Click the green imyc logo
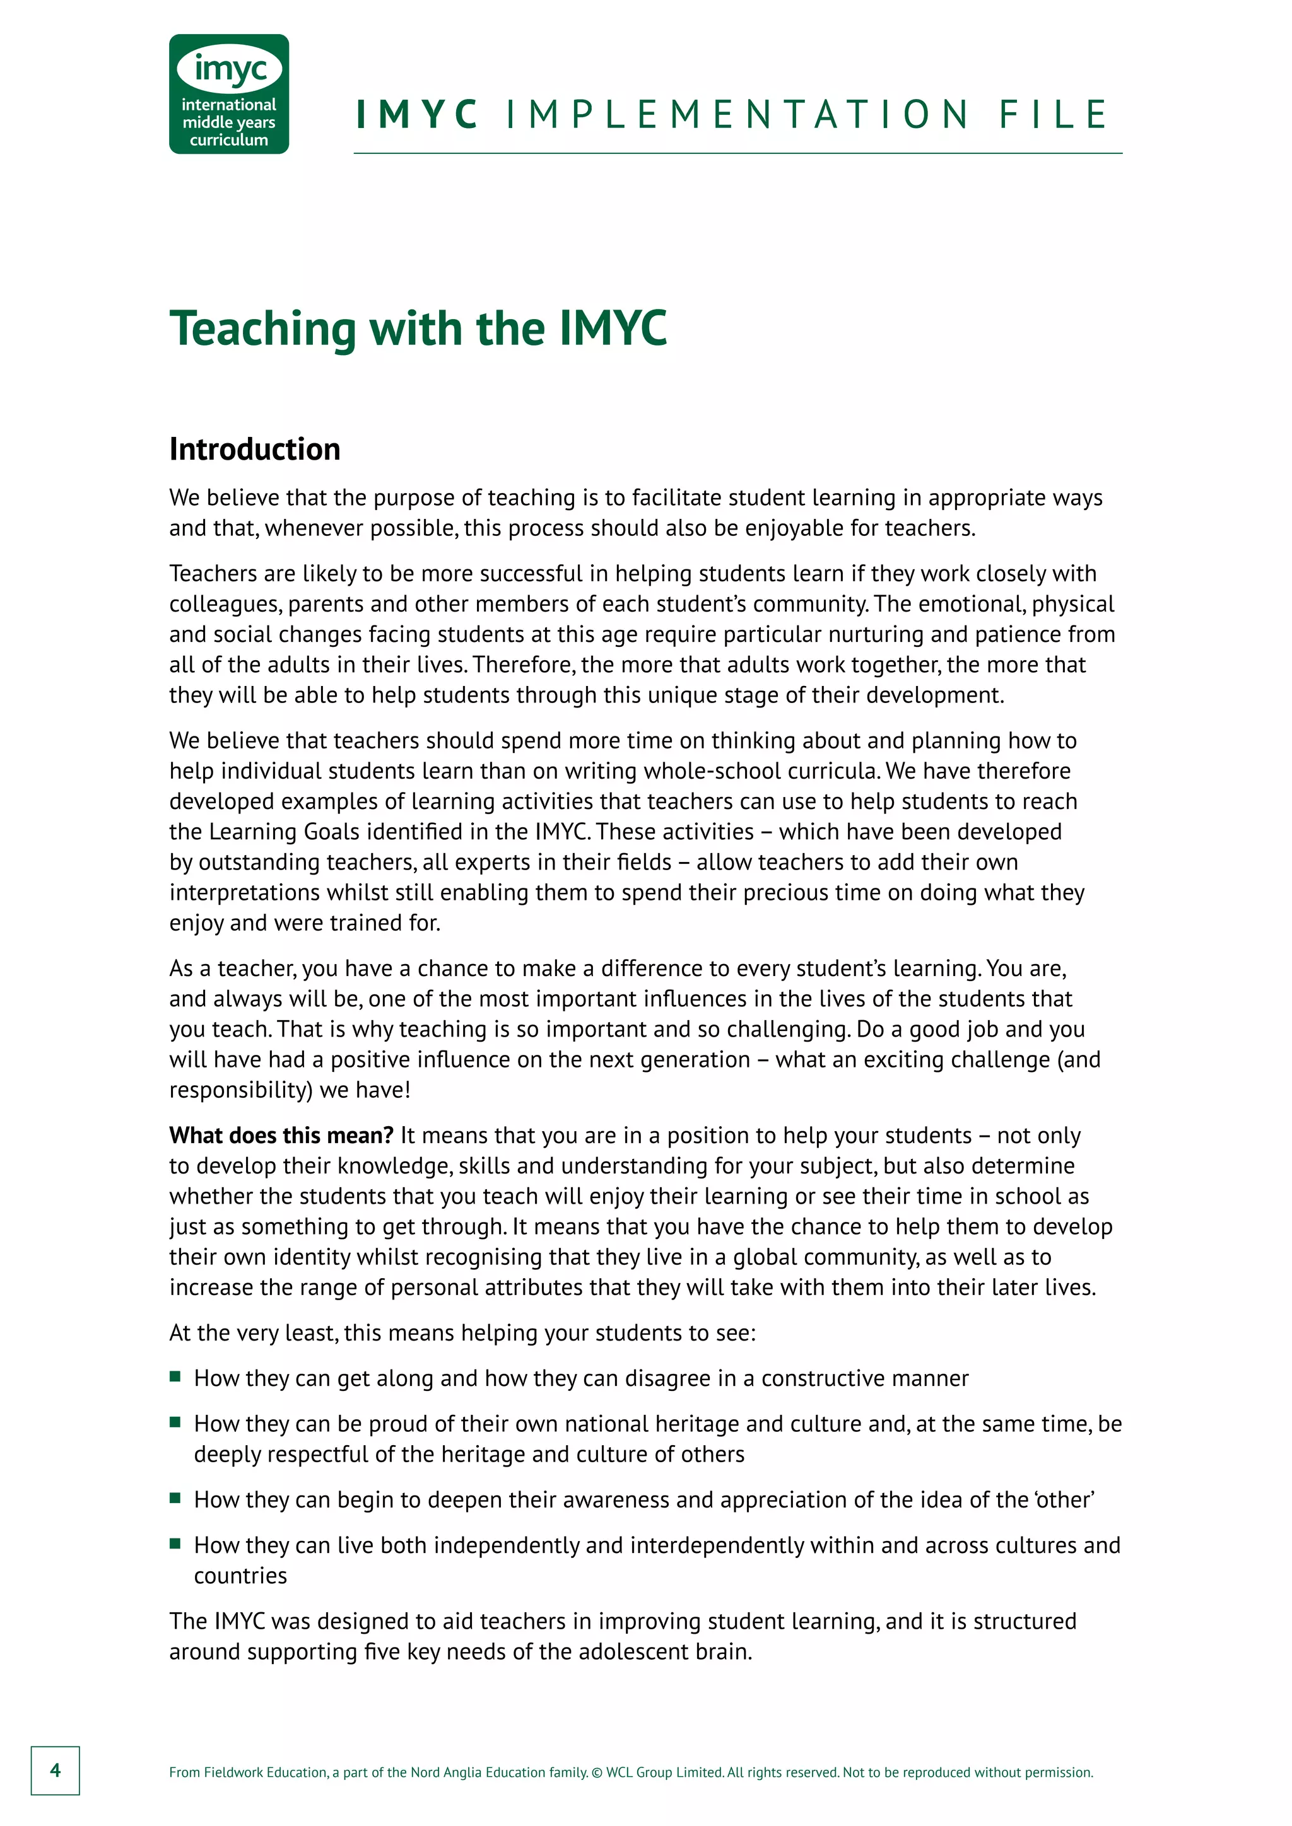[228, 93]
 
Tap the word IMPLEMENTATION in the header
[737, 115]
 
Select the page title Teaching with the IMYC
[418, 328]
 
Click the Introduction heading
[255, 450]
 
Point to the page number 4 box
[55, 1771]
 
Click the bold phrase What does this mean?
[281, 1135]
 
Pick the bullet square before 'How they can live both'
[175, 1544]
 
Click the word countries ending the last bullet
[240, 1576]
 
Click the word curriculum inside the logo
[228, 140]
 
